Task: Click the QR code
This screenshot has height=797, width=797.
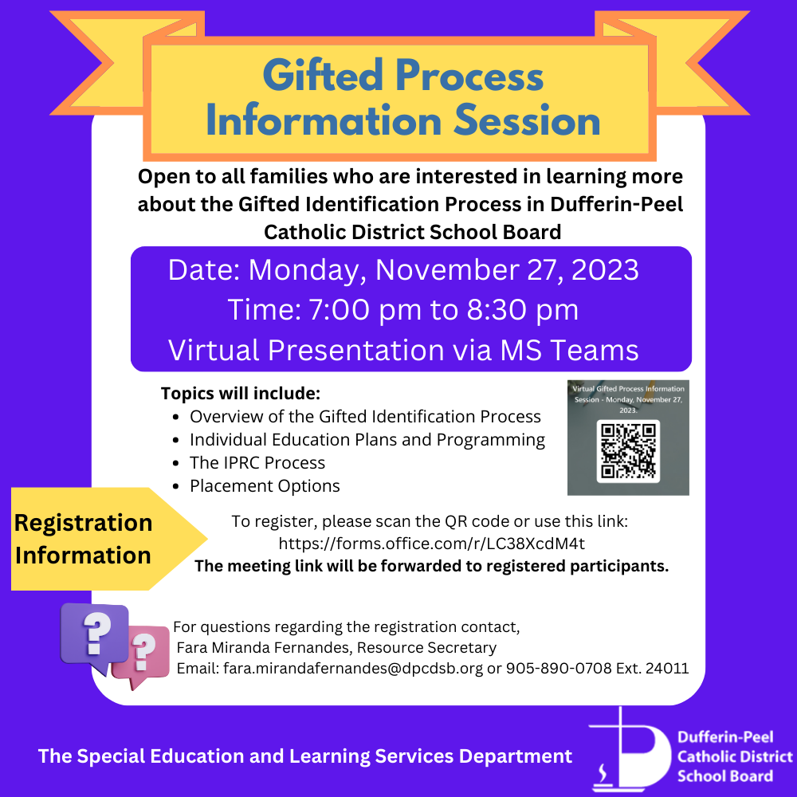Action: point(628,451)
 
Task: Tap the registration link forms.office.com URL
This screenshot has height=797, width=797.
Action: point(431,544)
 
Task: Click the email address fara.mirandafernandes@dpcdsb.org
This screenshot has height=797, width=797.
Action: point(353,668)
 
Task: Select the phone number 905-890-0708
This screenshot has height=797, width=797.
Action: point(559,668)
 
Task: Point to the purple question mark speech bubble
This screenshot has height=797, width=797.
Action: point(95,636)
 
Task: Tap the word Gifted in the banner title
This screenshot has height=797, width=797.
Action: point(323,76)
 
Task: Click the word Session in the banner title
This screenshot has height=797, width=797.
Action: point(527,120)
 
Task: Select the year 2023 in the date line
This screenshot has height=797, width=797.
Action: point(605,270)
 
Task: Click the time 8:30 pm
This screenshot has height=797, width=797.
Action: point(523,309)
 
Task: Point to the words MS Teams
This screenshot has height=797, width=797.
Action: point(569,350)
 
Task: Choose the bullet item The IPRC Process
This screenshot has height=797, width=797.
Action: point(257,462)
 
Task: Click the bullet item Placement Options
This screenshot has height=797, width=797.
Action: point(265,486)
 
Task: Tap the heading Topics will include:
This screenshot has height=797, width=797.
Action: point(241,394)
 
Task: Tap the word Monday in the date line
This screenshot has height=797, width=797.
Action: point(308,270)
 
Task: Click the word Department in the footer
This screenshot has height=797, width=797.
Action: point(516,756)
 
